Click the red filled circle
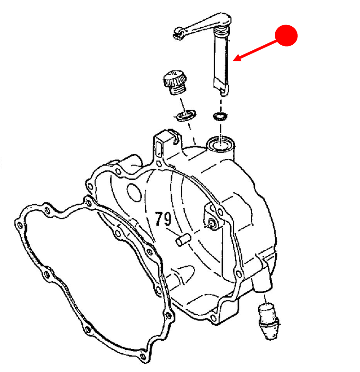click(286, 35)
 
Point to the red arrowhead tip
click(233, 60)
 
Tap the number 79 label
click(163, 218)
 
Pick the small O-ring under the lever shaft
click(220, 116)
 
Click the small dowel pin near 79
click(183, 240)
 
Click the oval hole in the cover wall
click(134, 192)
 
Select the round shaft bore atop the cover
click(221, 143)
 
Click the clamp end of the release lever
click(179, 33)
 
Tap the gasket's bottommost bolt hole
click(143, 356)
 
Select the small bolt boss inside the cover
click(212, 224)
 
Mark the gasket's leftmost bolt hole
click(20, 225)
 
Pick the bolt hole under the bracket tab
click(159, 164)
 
